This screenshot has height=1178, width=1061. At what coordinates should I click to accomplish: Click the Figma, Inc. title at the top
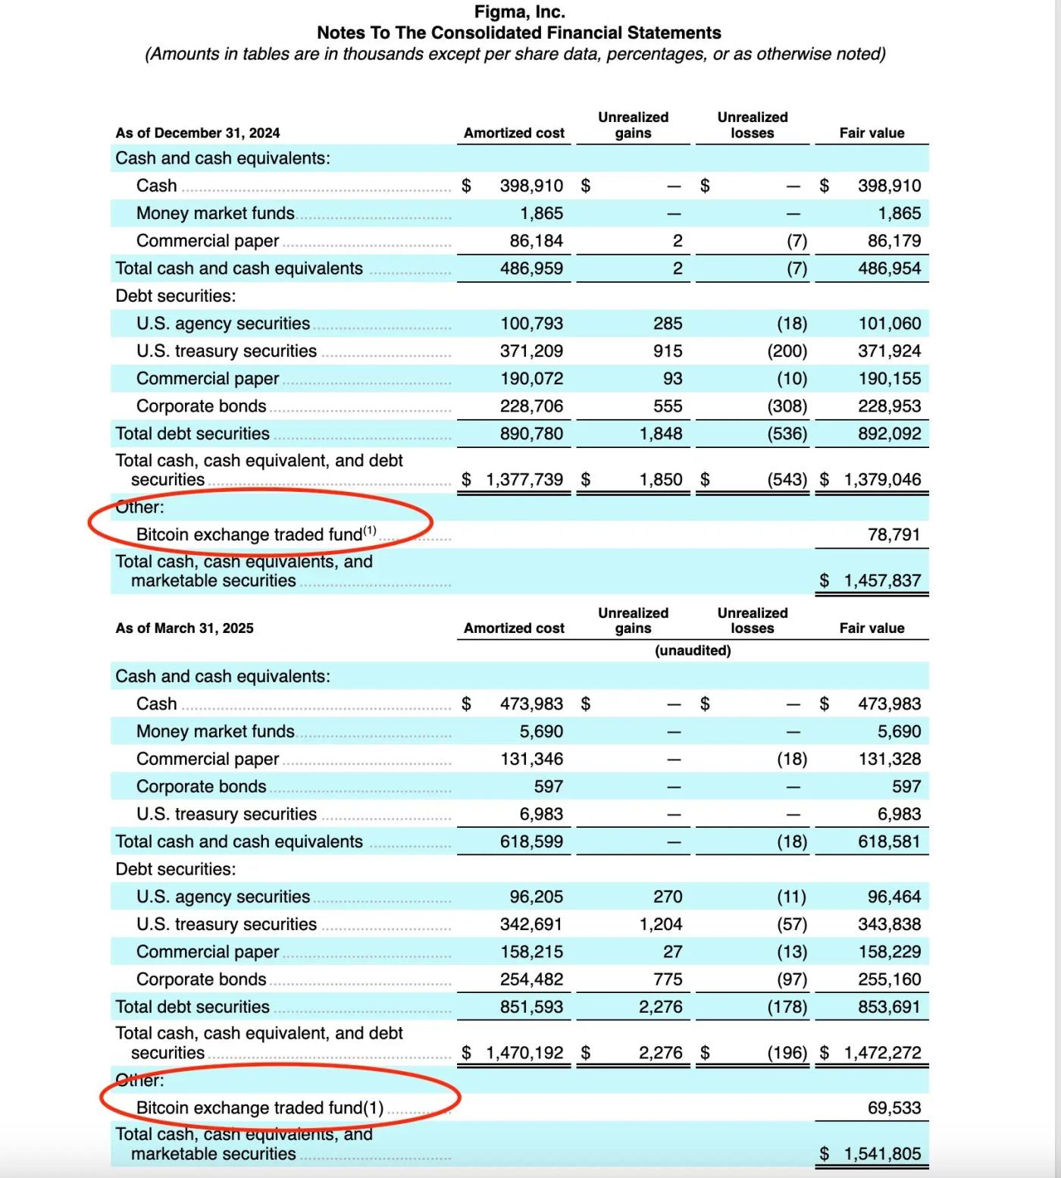click(519, 12)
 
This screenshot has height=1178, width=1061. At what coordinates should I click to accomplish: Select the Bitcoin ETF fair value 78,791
click(894, 534)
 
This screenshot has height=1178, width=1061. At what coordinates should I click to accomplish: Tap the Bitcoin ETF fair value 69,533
click(894, 1108)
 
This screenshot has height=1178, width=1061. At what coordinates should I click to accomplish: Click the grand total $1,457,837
click(882, 581)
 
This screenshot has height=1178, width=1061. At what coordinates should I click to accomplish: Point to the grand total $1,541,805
click(882, 1154)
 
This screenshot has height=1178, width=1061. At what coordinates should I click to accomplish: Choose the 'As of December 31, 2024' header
click(197, 133)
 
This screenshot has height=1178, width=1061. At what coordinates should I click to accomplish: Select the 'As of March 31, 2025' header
click(184, 628)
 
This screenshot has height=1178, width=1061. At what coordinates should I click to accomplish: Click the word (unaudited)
click(693, 650)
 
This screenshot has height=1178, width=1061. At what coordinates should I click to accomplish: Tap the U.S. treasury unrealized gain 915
click(668, 351)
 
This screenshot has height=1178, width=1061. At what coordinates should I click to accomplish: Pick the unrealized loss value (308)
click(787, 406)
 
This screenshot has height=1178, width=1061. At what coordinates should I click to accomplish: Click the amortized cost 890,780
click(531, 434)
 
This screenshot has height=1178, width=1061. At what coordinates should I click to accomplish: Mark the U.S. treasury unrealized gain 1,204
click(661, 924)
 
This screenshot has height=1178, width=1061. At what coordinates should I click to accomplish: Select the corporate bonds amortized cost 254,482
click(531, 979)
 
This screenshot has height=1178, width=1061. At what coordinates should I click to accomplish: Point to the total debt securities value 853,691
click(889, 1007)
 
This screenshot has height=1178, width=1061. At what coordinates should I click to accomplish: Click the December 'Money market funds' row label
click(215, 214)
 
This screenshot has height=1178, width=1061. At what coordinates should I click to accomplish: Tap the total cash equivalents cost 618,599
click(531, 841)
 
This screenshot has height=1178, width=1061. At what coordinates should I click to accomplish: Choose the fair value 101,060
click(889, 324)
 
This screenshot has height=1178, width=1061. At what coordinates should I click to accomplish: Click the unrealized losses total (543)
click(787, 480)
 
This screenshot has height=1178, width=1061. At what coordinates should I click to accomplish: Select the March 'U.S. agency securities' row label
click(223, 897)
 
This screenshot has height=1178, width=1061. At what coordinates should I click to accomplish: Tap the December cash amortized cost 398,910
click(531, 186)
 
